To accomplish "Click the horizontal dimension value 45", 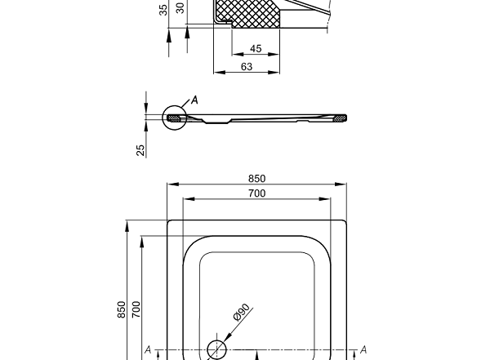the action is point(256,49).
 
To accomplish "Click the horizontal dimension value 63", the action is point(247,67).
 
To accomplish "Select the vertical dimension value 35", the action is point(163,10).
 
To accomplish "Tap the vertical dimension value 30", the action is point(180,8).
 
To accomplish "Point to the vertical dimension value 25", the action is point(141,150).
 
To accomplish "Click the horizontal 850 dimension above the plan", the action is point(257,179).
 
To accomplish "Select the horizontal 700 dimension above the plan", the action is point(257,193).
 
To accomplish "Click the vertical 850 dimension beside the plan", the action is point(121,309).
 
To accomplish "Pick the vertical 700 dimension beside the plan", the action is point(136,309).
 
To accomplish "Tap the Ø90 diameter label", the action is point(242,312).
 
